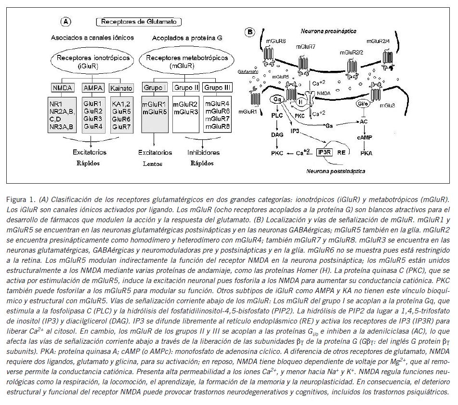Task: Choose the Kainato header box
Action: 121,88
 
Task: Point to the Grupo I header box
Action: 154,88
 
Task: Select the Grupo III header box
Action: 216,88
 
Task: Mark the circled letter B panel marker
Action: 249,33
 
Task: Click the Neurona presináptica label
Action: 328,31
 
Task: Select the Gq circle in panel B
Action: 276,99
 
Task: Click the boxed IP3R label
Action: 324,152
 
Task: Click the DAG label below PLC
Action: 277,136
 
